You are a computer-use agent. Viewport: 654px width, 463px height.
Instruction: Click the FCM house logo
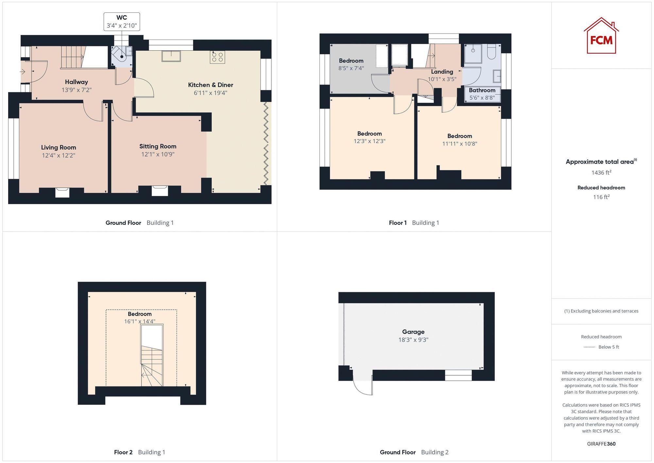tap(601, 36)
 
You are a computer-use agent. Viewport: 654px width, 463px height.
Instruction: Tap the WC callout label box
tap(122, 22)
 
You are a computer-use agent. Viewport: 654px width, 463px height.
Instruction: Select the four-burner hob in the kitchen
tap(217, 57)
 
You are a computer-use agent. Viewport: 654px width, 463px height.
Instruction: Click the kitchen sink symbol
tap(171, 56)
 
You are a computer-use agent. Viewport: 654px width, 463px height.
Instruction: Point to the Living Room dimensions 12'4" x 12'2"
tap(59, 155)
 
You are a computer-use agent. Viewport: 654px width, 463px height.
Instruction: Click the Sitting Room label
tap(158, 146)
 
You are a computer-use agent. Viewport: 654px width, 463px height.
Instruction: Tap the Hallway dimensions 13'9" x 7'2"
tap(77, 90)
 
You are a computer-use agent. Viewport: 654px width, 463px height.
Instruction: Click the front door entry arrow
tap(23, 71)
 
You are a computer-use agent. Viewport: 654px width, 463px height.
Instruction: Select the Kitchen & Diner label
tap(211, 85)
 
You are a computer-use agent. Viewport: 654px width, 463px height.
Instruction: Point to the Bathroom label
tap(482, 90)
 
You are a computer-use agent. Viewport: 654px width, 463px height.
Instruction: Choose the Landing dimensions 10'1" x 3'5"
tap(442, 79)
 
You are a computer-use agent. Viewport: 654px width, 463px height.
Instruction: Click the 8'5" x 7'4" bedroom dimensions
tap(351, 68)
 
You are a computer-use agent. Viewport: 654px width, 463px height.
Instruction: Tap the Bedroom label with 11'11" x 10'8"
tap(459, 136)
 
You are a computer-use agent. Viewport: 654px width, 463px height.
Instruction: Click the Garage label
tap(413, 332)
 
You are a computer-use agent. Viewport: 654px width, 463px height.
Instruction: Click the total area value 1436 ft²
tap(601, 172)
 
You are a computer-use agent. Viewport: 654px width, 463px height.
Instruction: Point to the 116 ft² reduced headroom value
tap(601, 197)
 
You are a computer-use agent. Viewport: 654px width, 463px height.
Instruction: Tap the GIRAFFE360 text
tap(601, 444)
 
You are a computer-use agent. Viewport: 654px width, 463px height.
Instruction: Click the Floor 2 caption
tap(123, 452)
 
